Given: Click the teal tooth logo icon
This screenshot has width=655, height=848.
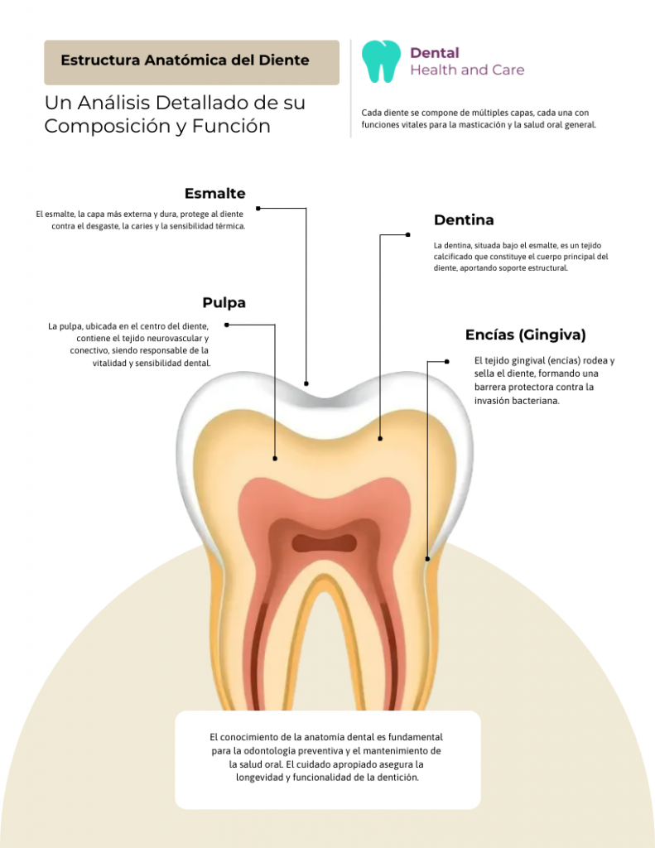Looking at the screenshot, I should point(381,62).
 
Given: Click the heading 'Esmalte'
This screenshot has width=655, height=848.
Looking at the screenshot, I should point(214,194).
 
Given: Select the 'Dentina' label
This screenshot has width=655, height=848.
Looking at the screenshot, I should point(464,220).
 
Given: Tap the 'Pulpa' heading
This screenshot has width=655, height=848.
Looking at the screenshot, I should point(224,303).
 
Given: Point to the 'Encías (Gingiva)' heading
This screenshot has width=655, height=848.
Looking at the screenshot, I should point(525,335).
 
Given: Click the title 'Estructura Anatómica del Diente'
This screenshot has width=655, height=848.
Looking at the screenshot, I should point(185,60).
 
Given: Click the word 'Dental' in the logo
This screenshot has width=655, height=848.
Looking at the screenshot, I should point(435,53).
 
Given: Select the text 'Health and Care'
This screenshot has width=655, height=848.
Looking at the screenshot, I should point(467,70).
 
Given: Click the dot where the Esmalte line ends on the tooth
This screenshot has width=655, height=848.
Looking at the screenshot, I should point(306,383).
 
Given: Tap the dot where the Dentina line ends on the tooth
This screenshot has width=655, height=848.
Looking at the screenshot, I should point(380,438).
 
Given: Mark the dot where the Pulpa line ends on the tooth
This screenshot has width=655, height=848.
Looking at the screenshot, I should point(275,458).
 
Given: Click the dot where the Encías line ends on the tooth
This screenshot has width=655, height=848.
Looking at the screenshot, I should point(427,559).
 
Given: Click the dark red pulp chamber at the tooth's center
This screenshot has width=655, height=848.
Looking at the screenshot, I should point(324,543).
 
